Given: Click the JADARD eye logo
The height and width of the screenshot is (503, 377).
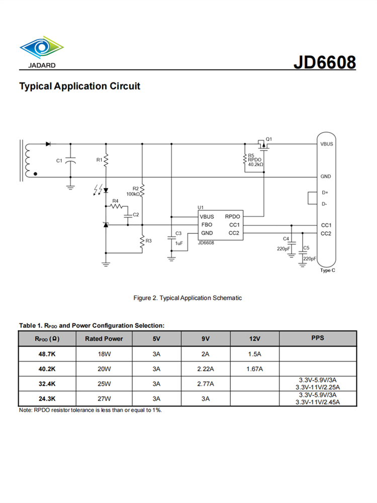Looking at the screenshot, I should click(41, 48).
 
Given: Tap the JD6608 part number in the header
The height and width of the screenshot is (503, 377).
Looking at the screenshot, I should click(325, 62).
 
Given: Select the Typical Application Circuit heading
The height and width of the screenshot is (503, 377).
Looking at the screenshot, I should click(79, 86).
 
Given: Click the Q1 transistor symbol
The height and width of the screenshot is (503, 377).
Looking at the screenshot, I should click(262, 146).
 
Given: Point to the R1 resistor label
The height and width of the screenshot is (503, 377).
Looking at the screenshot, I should click(99, 160).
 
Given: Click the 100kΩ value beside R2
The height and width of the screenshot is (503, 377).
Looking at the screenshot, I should click(133, 194).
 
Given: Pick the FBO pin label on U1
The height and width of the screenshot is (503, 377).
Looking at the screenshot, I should click(207, 225).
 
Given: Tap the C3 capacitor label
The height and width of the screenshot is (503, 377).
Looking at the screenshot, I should click(178, 233).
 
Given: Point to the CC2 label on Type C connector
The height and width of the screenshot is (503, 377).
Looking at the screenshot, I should click(326, 233).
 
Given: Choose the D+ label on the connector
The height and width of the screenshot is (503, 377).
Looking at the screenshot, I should click(325, 193).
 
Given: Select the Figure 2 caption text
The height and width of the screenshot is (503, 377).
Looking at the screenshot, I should click(187, 298).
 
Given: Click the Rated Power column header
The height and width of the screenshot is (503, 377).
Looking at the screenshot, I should click(104, 339).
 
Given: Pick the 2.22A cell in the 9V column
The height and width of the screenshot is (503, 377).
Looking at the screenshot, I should click(206, 369).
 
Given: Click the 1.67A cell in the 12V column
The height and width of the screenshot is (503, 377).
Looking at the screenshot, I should click(255, 369).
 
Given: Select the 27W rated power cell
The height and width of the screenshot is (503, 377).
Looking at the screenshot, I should click(104, 398).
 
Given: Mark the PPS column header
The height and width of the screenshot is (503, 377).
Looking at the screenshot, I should click(318, 338).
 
